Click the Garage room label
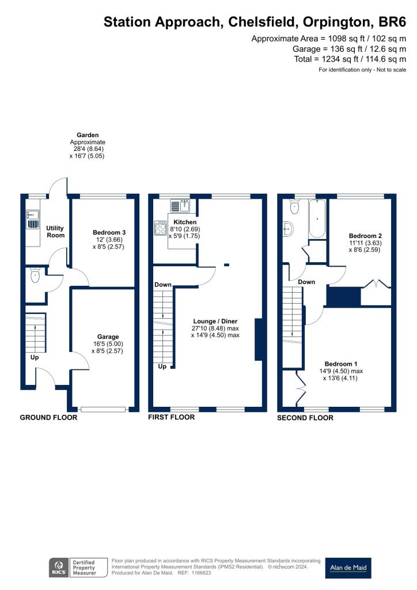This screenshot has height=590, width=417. (108, 336)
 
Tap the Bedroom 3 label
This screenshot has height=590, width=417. (109, 232)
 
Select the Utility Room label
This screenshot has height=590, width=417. (55, 232)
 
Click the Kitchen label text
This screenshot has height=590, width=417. (185, 222)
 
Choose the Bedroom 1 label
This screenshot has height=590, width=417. (341, 364)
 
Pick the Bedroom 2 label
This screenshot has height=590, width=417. (365, 236)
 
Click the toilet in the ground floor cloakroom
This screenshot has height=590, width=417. (35, 276)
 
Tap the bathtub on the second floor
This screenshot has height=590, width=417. (317, 220)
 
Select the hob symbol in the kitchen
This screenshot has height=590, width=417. (160, 229)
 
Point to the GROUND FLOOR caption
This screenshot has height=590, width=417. (48, 417)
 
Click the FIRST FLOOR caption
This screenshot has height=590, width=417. (171, 417)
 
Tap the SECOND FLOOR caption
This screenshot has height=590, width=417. (305, 418)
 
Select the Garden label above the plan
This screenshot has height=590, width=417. (87, 135)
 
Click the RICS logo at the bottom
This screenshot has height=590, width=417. (58, 568)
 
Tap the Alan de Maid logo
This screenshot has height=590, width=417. (348, 568)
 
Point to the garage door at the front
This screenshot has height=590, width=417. (104, 409)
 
